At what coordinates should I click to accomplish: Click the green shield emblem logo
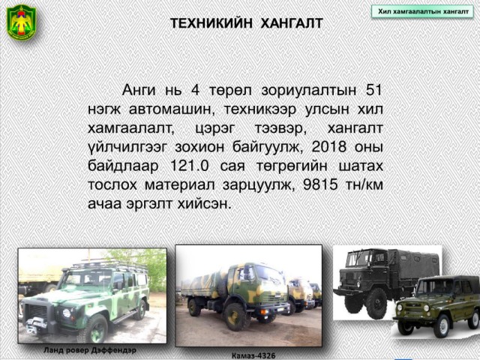[x=22, y=22]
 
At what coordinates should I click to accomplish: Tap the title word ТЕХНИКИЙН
[x=211, y=23]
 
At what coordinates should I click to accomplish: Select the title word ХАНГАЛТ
[x=292, y=23]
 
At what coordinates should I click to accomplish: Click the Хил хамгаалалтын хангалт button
[x=423, y=12]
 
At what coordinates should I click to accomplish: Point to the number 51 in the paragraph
[x=373, y=90]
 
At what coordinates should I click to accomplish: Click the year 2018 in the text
[x=329, y=147]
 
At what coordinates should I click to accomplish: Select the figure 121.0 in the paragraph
[x=189, y=166]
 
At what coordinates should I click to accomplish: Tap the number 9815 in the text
[x=320, y=184]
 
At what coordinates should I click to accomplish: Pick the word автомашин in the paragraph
[x=171, y=109]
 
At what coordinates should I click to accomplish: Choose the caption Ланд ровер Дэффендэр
[x=90, y=350]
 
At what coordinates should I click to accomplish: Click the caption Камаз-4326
[x=253, y=355]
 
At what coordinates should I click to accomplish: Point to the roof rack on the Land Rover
[x=109, y=265]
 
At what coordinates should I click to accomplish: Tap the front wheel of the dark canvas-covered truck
[x=376, y=303]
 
